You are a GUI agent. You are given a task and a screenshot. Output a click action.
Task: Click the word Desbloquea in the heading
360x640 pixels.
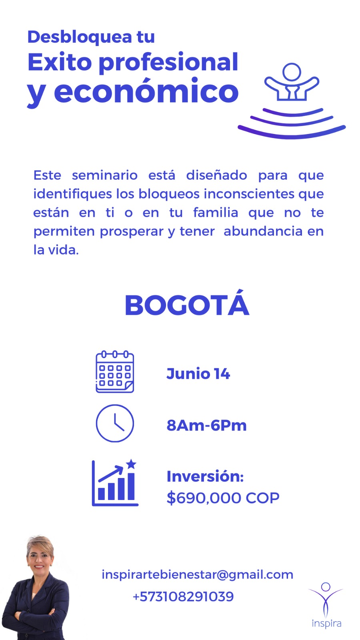pyautogui.click(x=80, y=37)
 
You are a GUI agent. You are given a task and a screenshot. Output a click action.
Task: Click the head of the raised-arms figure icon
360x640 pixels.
pyautogui.click(x=292, y=72)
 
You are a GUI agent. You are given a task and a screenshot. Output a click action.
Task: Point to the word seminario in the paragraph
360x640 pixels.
pyautogui.click(x=104, y=175)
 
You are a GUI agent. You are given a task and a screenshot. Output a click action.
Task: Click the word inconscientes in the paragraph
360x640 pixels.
pyautogui.click(x=248, y=194)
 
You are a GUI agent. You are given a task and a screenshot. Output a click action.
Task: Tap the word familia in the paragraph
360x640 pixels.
pyautogui.click(x=216, y=212)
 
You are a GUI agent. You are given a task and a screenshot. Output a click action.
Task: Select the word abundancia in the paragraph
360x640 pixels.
pyautogui.click(x=263, y=231)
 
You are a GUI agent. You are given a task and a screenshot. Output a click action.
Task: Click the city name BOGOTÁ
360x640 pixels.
pyautogui.click(x=187, y=304)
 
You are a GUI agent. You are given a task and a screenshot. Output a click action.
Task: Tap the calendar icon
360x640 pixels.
pyautogui.click(x=115, y=372)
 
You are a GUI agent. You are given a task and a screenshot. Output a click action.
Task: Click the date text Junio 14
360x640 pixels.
pyautogui.click(x=198, y=374)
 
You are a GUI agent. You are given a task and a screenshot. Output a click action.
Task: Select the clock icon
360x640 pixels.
pyautogui.click(x=115, y=423)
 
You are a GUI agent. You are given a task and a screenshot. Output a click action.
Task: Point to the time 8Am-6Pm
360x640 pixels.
pyautogui.click(x=206, y=426)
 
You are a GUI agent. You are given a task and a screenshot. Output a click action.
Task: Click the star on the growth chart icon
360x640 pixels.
pyautogui.click(x=131, y=464)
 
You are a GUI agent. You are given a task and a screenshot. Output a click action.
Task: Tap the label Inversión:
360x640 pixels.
pyautogui.click(x=205, y=476)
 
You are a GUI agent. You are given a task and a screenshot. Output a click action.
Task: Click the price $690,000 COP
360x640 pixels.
pyautogui.click(x=223, y=498)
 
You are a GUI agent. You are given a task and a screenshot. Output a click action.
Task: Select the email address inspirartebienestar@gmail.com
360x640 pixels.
pyautogui.click(x=198, y=574)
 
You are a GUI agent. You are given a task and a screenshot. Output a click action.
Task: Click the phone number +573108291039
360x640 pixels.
pyautogui.click(x=183, y=596)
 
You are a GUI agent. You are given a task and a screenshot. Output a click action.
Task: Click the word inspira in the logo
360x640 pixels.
pyautogui.click(x=326, y=623)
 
